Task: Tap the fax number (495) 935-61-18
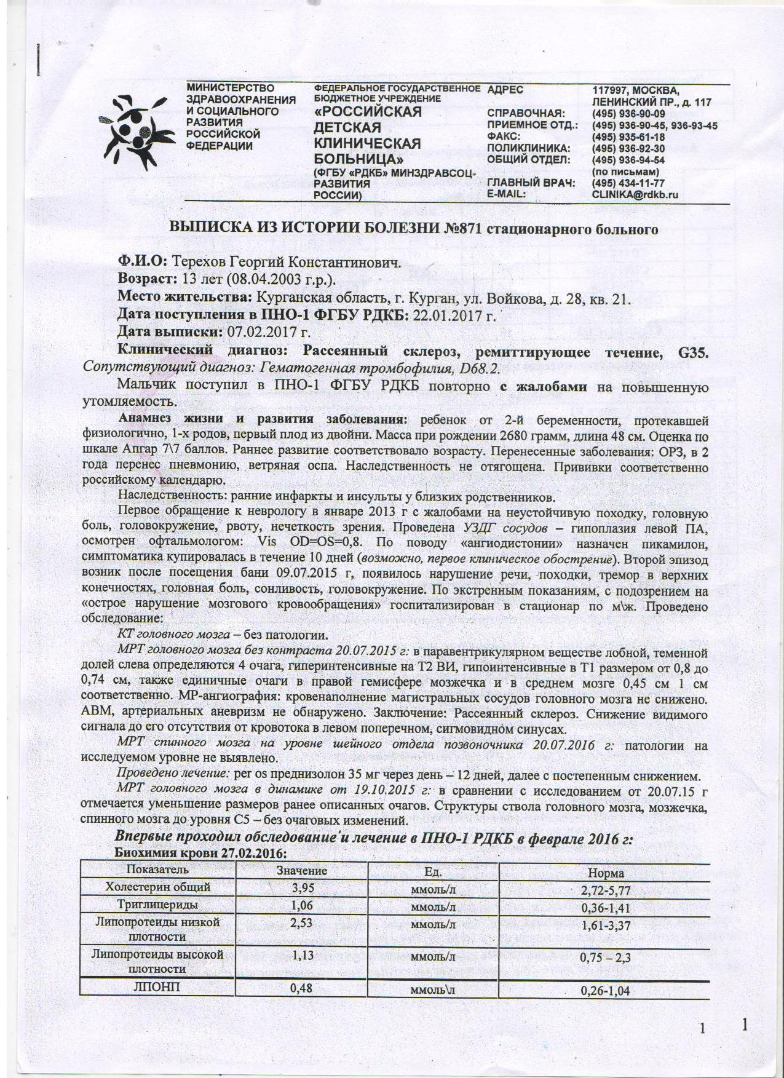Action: (628, 137)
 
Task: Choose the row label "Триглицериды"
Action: (158, 905)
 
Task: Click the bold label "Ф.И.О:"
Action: (143, 263)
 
